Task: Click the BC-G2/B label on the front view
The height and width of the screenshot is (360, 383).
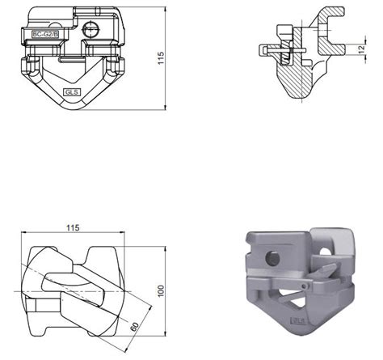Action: [45, 34]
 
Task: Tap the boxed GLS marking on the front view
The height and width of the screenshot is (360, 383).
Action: [72, 92]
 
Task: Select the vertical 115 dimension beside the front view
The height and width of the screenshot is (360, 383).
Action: [161, 58]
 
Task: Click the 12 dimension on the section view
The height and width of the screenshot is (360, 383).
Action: [362, 49]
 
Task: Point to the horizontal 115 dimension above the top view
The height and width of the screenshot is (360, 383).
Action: [73, 228]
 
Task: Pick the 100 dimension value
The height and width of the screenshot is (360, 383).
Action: [161, 291]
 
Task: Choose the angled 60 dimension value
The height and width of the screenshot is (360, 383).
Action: [134, 327]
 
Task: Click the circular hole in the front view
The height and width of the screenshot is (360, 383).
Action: [91, 29]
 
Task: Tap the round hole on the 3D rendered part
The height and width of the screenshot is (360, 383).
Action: [272, 258]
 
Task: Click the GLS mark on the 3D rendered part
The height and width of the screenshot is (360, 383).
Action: [298, 321]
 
